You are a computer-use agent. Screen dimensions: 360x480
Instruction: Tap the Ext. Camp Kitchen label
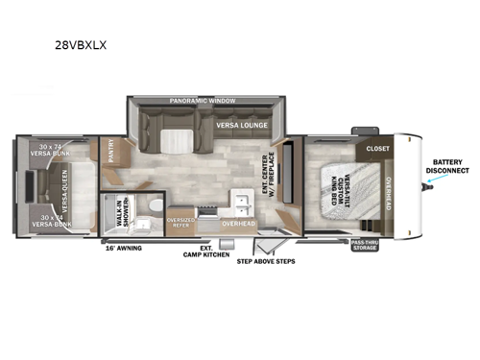coord(203,252)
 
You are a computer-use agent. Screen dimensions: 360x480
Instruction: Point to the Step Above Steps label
coord(266,260)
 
